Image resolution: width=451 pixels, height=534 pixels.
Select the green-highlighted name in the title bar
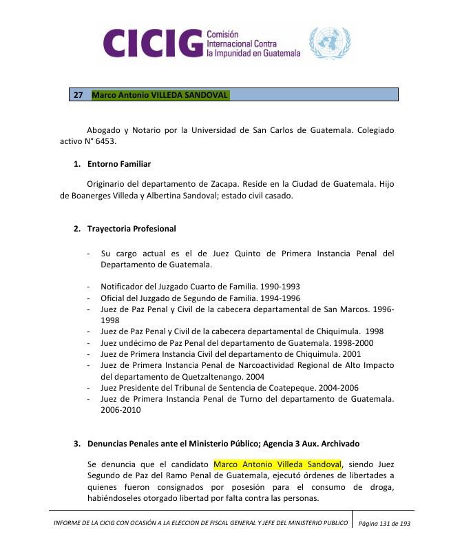point(160,94)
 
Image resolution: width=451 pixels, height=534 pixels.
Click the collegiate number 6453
point(104,142)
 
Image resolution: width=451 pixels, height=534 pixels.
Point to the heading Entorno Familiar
point(118,164)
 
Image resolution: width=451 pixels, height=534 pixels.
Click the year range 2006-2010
point(120,410)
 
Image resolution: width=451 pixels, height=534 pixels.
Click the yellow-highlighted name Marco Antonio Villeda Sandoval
point(278,464)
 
